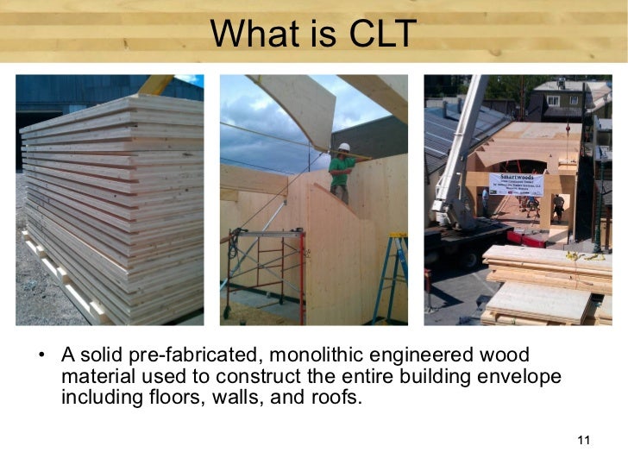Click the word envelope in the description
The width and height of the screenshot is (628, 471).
[517, 377]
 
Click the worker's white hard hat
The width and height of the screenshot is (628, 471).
[343, 148]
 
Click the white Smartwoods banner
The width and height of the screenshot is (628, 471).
[516, 184]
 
